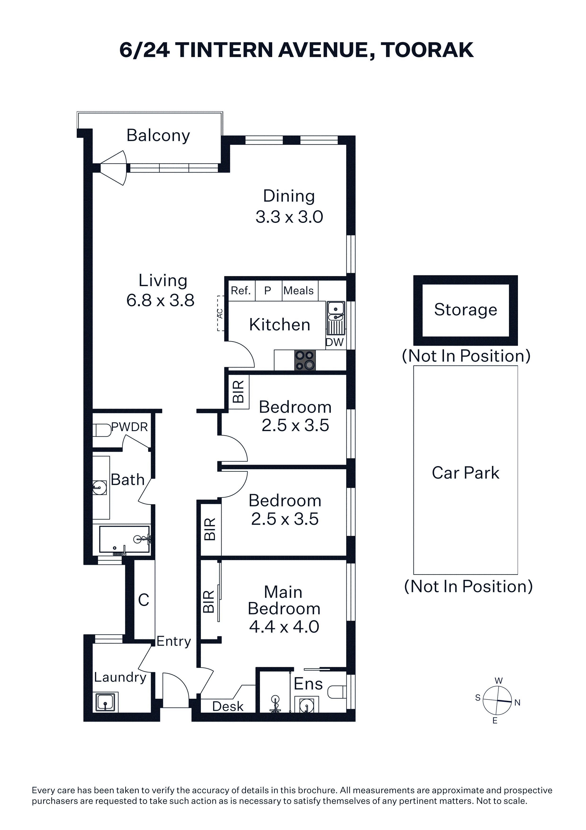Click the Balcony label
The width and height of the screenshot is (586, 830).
coord(158,136)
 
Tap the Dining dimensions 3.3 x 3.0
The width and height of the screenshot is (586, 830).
coord(289,217)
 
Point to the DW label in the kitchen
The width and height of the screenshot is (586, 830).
coord(335,342)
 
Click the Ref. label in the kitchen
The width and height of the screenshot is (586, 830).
coord(241,291)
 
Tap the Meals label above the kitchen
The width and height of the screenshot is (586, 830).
coord(299,291)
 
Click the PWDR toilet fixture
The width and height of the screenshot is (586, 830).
coord(102,430)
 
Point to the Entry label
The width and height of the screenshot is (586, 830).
coord(174,641)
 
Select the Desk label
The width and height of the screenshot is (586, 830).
coord(228,706)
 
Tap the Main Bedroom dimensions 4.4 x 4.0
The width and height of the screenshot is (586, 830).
coord(284,627)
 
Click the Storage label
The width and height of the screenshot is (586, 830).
coord(465,310)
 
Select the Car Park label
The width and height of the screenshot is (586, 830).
coord(465,473)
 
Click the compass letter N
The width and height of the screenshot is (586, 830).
coord(517,702)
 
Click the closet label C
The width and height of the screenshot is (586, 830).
coord(144,600)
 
